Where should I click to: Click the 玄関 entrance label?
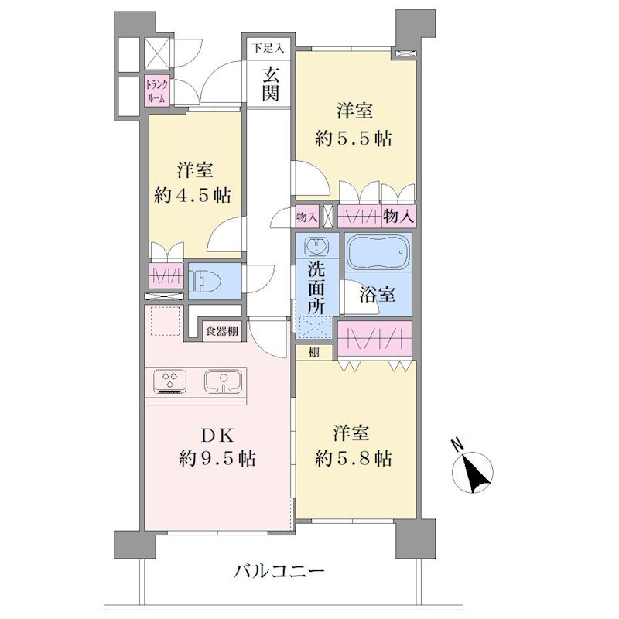tap(270, 84)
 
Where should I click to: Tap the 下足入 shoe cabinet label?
tap(268, 49)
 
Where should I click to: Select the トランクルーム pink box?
tap(157, 91)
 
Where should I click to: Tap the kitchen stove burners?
tap(169, 381)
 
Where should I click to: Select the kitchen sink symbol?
tap(223, 381)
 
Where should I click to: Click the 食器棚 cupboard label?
tap(222, 331)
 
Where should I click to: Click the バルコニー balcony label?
tap(279, 571)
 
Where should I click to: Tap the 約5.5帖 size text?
tap(354, 139)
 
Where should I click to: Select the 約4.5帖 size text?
tap(193, 196)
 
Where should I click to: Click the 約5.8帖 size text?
tap(354, 459)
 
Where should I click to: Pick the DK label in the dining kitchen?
tap(217, 436)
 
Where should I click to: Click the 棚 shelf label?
tap(314, 352)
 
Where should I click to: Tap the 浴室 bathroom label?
tap(377, 294)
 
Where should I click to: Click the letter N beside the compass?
tap(458, 445)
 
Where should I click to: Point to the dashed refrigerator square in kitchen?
tap(166, 321)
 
